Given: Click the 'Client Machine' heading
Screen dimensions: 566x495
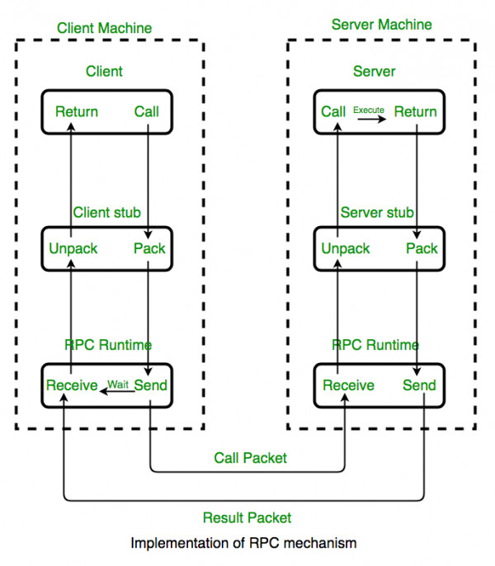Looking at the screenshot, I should [104, 27].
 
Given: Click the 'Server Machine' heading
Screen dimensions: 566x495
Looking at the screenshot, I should [381, 24].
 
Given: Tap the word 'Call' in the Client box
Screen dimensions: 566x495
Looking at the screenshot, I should [146, 111].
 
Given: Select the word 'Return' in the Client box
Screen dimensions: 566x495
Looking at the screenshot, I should [77, 111].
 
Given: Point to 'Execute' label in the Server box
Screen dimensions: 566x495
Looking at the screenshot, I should [369, 109].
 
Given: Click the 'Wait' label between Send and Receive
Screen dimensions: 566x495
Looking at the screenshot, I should [119, 384].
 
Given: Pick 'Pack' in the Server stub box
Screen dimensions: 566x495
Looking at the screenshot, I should [422, 248].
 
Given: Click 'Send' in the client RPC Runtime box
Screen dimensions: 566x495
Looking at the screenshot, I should [150, 385].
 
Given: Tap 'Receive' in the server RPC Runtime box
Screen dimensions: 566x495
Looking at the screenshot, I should [348, 385].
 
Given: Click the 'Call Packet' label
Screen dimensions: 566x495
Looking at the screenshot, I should [250, 458].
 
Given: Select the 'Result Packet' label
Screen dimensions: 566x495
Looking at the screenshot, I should [247, 517].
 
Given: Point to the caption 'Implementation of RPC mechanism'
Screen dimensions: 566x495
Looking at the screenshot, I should [244, 545].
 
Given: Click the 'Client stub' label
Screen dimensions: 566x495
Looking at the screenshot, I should [106, 212].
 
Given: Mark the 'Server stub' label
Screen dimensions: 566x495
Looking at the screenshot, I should [377, 212].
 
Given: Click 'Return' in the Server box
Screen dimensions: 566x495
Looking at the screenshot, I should [415, 111].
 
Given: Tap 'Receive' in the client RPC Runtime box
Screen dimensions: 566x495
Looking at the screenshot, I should [72, 385].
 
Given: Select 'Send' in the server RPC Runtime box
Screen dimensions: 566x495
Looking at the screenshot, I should [419, 385].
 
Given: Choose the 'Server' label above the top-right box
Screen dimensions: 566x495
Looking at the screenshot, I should [375, 71].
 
